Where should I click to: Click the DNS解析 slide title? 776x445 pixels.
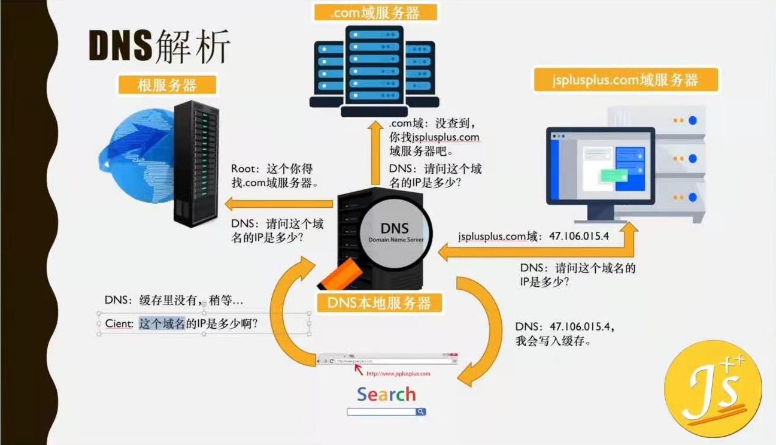coord(159,46)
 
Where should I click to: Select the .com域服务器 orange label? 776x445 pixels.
coord(374,11)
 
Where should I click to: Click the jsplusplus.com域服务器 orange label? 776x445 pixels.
coord(625,80)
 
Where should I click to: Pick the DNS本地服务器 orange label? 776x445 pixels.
coord(379,302)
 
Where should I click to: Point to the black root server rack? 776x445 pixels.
coord(194,162)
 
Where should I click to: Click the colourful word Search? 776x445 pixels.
coord(386,394)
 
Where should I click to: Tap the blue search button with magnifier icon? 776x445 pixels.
coord(422,412)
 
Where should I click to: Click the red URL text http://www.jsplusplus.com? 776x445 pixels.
coord(398,374)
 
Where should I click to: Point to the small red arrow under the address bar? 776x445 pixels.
coord(358,368)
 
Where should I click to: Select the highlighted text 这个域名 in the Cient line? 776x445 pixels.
coord(162,324)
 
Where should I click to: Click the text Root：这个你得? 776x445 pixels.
coord(272,169)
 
